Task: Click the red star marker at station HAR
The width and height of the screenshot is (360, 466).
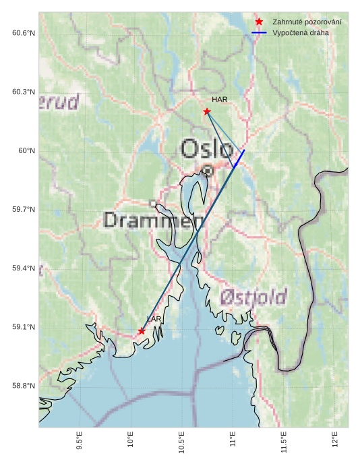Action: (207, 111)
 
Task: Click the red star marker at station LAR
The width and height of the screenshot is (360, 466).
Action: (142, 331)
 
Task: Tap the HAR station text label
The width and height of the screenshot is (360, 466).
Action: (220, 100)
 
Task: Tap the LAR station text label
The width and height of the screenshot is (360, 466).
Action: (154, 318)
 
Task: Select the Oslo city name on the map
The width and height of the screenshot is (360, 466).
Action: (208, 149)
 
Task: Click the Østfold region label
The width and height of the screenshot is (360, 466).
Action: (253, 297)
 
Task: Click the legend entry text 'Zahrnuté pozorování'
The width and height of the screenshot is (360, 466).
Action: (307, 22)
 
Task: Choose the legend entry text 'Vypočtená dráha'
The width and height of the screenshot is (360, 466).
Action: (300, 32)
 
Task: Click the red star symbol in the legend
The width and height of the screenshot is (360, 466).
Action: (259, 22)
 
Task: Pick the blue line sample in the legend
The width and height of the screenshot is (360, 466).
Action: (259, 32)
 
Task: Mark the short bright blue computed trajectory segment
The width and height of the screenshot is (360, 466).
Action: (239, 158)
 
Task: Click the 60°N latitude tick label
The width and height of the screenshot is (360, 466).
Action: (26, 151)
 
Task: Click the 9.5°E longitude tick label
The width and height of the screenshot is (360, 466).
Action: (80, 442)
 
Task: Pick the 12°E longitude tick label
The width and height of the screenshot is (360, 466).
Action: (335, 440)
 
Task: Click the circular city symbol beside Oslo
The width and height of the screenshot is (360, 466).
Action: (208, 171)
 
